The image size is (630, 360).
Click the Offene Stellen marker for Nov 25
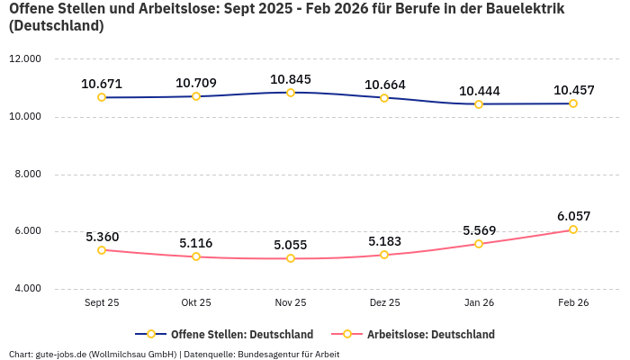click(291, 93)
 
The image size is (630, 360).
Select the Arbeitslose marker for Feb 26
click(573, 229)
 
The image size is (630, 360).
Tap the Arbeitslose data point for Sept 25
click(102, 250)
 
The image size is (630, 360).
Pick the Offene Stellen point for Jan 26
click(479, 104)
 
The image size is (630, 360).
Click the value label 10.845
click(291, 78)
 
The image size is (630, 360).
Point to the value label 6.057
click(573, 216)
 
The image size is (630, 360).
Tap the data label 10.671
click(102, 84)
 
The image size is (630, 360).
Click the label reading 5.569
click(479, 230)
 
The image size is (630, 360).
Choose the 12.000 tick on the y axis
click(25, 59)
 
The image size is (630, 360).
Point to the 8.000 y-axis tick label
click(25, 175)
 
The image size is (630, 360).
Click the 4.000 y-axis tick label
click(25, 289)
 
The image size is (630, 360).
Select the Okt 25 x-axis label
click(196, 303)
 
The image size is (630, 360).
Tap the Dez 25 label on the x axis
click(384, 303)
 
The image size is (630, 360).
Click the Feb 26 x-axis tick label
click(573, 303)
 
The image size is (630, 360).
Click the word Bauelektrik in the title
click(522, 10)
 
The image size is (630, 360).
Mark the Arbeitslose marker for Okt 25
click(196, 257)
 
